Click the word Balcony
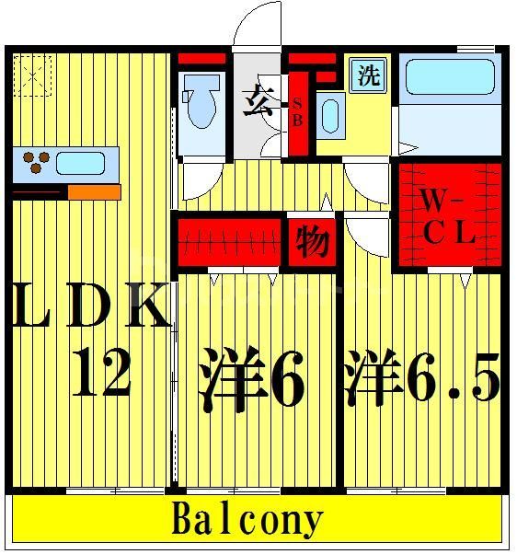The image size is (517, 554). [x=247, y=521]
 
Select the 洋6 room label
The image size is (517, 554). [x=251, y=378]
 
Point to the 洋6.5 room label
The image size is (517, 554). [x=422, y=378]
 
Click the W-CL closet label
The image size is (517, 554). [x=448, y=216]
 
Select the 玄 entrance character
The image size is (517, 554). [x=257, y=98]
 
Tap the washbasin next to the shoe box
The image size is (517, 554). [x=331, y=115]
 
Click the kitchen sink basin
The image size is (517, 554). [x=80, y=164]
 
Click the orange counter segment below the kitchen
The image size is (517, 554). [x=94, y=192]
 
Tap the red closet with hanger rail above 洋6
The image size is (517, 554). [x=228, y=243]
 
